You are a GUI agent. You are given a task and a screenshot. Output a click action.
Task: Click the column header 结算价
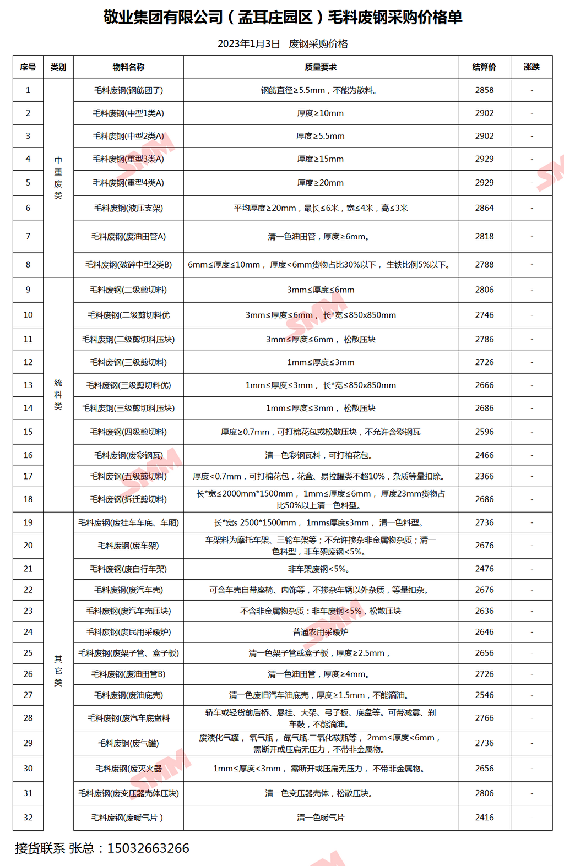[484, 67]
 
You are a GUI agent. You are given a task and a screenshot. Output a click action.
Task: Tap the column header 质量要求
[321, 67]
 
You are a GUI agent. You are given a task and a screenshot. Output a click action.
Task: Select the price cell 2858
[484, 90]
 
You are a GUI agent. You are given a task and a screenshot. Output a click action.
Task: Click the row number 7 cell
[28, 237]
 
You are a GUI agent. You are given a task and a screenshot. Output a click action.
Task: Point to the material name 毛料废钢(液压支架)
[128, 208]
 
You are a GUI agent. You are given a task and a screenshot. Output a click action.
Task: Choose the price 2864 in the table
[484, 208]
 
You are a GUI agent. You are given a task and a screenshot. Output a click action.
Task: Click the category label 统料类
[58, 395]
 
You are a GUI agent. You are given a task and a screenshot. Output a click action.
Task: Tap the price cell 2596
[484, 432]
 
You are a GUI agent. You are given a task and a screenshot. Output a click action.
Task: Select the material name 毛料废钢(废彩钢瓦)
[128, 455]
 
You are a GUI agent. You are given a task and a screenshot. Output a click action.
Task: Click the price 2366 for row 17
[484, 476]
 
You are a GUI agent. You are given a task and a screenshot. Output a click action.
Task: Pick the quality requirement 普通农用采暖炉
[321, 632]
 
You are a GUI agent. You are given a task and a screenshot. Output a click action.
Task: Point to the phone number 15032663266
[148, 848]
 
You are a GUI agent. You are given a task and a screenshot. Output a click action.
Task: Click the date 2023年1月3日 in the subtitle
[249, 44]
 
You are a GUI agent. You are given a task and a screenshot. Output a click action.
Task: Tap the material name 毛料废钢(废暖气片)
[128, 818]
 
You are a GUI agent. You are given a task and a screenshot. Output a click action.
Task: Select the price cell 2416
[484, 818]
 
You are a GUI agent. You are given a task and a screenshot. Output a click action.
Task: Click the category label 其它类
[58, 671]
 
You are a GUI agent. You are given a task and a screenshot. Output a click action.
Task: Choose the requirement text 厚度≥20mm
[321, 183]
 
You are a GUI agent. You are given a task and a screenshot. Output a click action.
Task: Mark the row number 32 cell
[28, 818]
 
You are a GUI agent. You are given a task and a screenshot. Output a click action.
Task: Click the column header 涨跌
[532, 67]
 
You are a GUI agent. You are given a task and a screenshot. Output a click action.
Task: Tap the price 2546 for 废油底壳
[484, 695]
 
